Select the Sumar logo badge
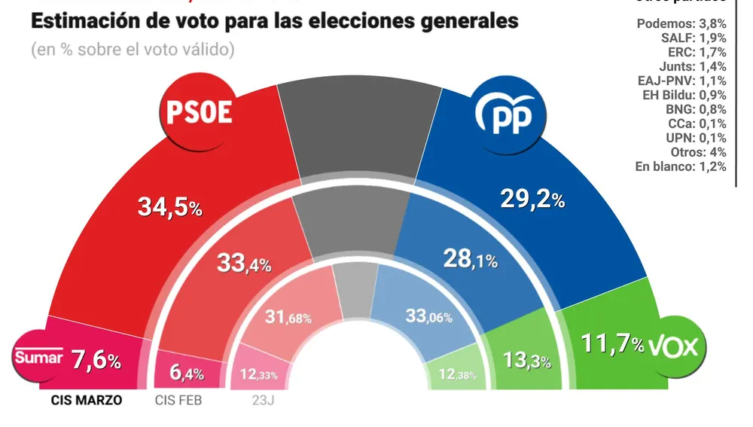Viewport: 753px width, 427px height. coord(38,358)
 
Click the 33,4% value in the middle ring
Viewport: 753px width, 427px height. coord(243,263)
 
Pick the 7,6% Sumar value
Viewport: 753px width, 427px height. coord(95,360)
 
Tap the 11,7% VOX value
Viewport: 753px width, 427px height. coord(612,346)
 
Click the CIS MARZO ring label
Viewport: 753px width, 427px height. coord(85,400)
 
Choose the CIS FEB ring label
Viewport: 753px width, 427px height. coord(178,400)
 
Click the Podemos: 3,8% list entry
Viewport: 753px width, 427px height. coord(681,23)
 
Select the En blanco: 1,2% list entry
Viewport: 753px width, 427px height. coord(681,166)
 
